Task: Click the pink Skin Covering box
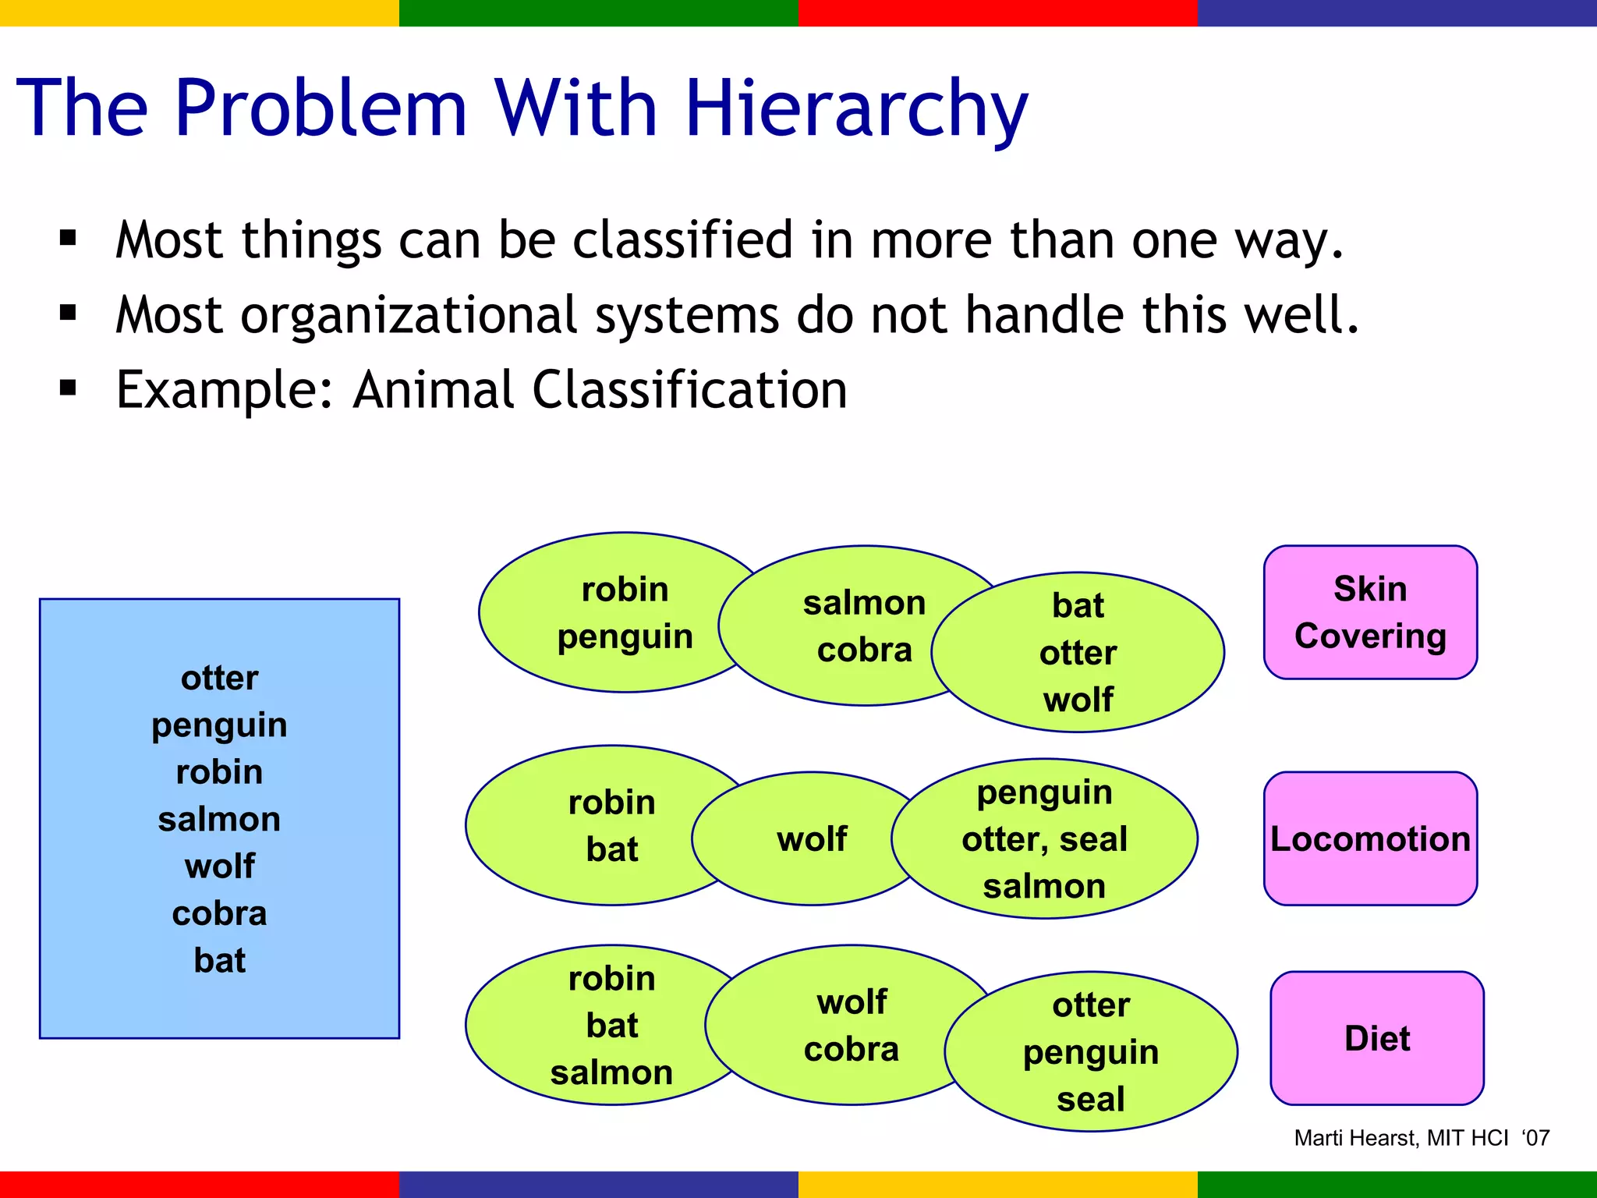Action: pos(1370,612)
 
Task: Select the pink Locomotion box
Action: pos(1370,838)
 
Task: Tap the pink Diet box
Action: pos(1376,1038)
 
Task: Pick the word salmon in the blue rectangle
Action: pos(219,819)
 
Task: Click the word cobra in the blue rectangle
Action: pos(219,913)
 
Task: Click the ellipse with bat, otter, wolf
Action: pos(1084,653)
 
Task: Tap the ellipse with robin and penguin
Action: pos(616,612)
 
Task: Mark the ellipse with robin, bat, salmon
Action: pos(600,1025)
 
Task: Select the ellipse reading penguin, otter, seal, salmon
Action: pos(1045,839)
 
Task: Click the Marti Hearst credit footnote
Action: pos(1421,1138)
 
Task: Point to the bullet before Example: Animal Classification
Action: pos(69,388)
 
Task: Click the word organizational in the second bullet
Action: pos(413,316)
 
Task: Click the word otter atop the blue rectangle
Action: pos(219,678)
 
